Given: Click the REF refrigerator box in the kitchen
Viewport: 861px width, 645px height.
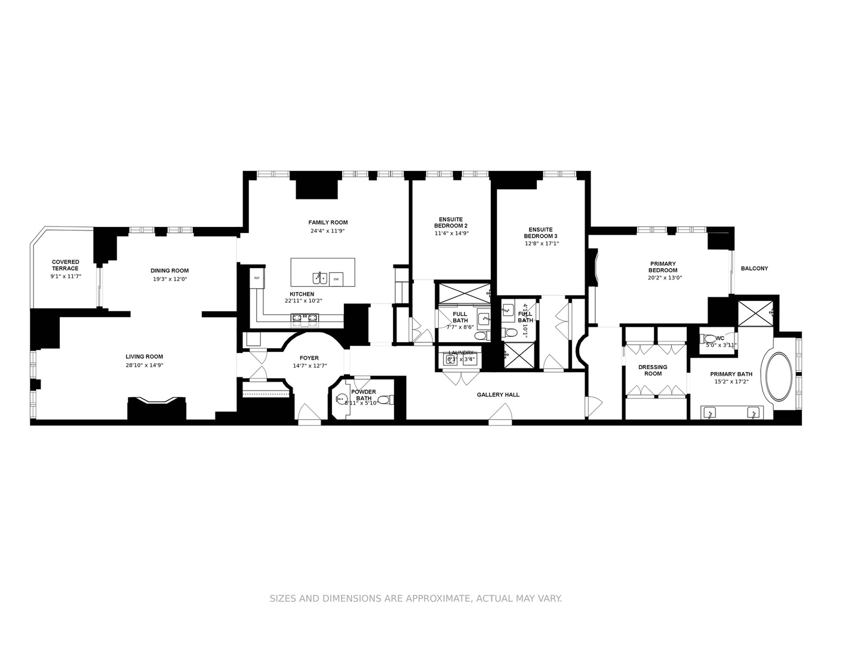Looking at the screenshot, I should (257, 278).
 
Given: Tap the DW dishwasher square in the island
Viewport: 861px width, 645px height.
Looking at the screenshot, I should (336, 279).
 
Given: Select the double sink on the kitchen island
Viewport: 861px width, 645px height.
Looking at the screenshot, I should (319, 278).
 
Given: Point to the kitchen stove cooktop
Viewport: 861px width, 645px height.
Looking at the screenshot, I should (305, 317).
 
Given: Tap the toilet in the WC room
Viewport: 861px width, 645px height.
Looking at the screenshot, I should (706, 339).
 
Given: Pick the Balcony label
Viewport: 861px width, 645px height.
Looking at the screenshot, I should (754, 269).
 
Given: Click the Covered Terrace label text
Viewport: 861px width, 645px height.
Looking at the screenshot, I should (66, 265).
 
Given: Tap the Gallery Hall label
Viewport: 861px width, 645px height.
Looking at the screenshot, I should (498, 395).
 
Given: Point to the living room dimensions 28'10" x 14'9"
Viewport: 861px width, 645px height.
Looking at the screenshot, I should (144, 365).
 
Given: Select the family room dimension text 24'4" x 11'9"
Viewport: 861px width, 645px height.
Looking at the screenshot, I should (328, 231).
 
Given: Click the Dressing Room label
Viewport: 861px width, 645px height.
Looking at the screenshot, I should (653, 370).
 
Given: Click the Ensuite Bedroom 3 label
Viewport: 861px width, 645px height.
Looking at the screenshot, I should (540, 233).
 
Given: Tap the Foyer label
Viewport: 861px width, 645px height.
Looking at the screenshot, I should (309, 358).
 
